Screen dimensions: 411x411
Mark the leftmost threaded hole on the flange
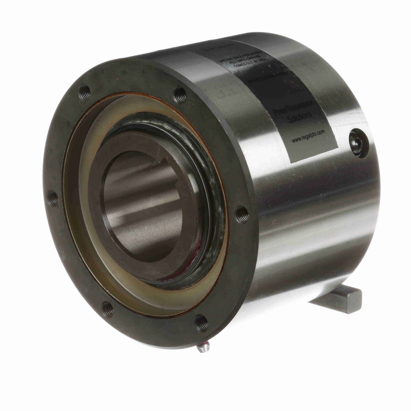[x=53, y=198]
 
